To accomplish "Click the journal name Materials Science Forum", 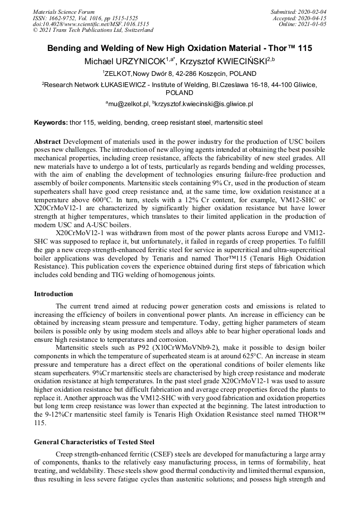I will (x=64, y=11).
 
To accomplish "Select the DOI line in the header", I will (x=91, y=24).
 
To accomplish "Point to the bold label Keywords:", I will (x=51, y=123).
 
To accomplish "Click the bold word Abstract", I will (x=47, y=143).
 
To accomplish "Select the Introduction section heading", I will (x=54, y=294).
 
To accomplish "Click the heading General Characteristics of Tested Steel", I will (x=94, y=442).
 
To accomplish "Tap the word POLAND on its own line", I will (x=179, y=92).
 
